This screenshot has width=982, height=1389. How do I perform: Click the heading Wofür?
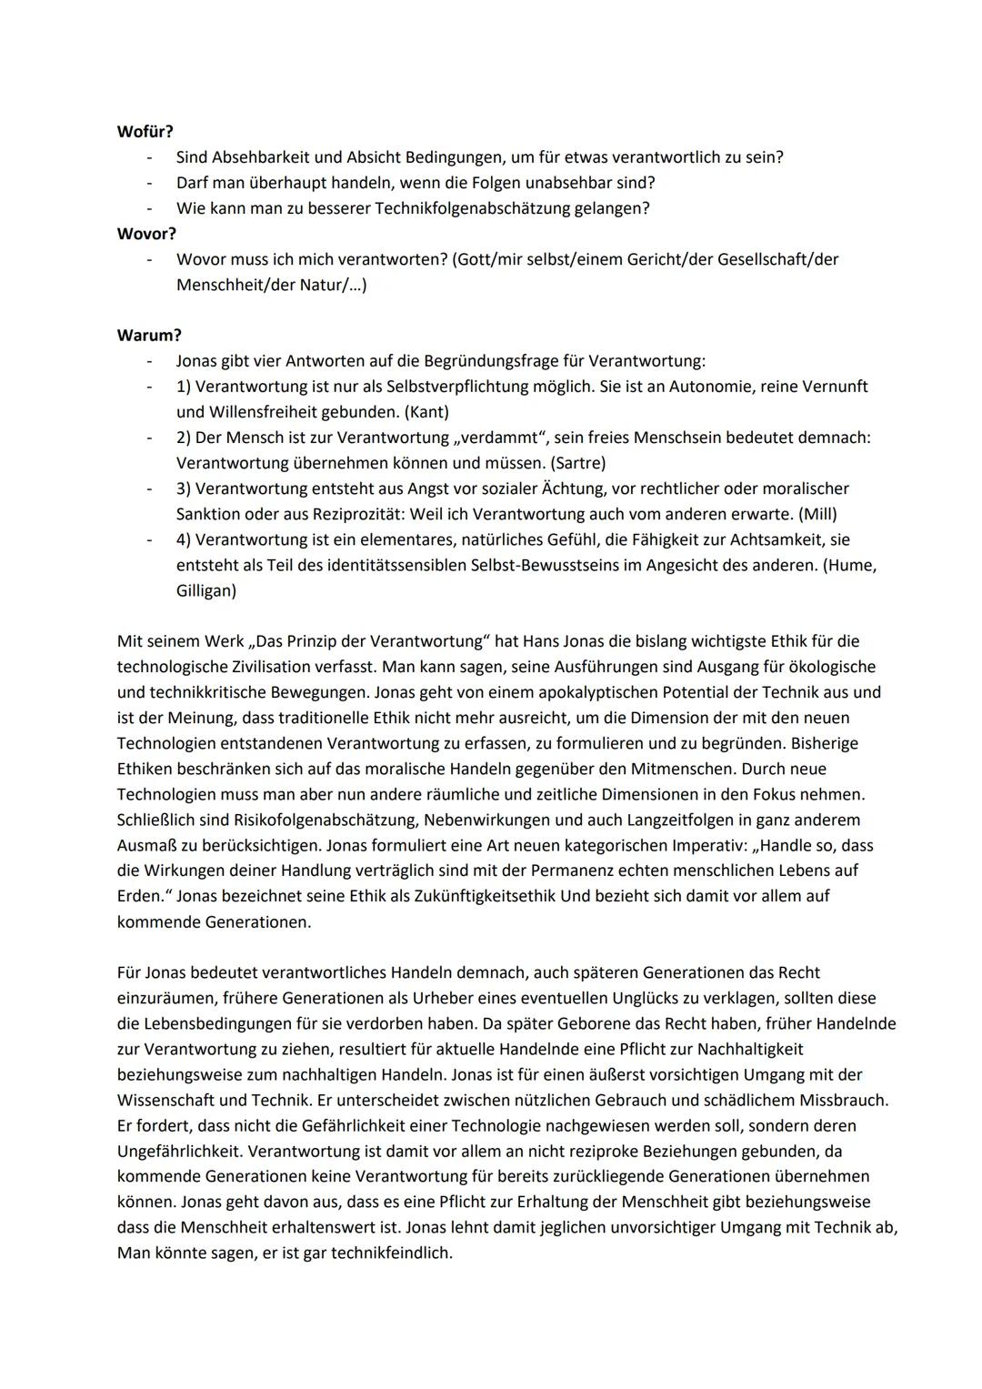click(145, 131)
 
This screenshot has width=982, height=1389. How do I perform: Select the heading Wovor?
click(146, 234)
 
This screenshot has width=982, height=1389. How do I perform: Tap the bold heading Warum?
click(149, 336)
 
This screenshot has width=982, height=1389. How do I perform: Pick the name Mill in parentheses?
click(817, 514)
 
